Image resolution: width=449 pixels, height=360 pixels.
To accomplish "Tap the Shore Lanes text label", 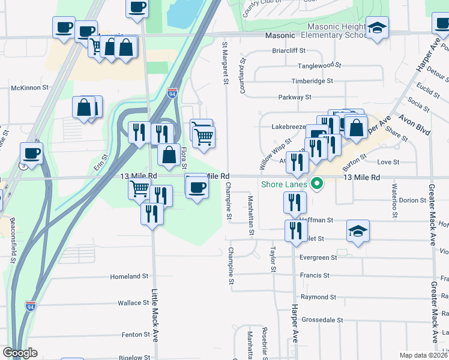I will pyautogui.click(x=284, y=184).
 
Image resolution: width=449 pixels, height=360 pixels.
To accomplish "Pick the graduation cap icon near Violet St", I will pyautogui.click(x=358, y=231).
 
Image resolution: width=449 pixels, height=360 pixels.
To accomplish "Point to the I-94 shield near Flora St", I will pyautogui.click(x=172, y=93).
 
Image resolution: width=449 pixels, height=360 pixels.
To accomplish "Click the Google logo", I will pyautogui.click(x=20, y=353).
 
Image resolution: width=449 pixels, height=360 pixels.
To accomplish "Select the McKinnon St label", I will pyautogui.click(x=29, y=88).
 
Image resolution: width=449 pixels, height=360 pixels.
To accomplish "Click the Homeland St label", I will pyautogui.click(x=129, y=277).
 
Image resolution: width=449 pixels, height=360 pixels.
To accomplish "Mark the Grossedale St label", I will pyautogui.click(x=322, y=320).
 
